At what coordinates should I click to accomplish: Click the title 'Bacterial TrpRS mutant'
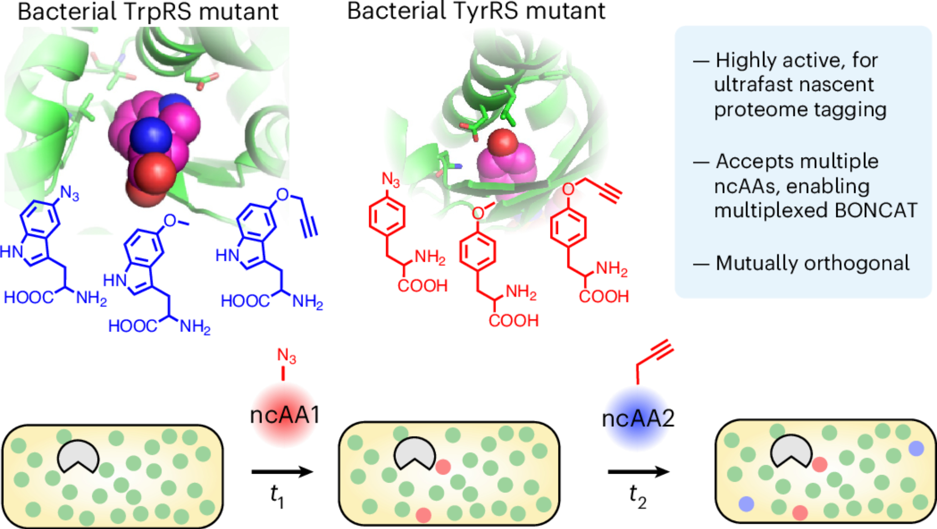click(148, 12)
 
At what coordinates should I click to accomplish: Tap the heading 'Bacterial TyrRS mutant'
click(476, 11)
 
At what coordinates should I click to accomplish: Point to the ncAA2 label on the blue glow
click(638, 418)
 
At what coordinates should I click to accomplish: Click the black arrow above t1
click(282, 471)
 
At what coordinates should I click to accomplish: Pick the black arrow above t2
click(639, 471)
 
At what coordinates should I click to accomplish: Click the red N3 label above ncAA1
click(286, 356)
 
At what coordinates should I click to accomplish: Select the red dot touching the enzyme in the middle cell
click(443, 467)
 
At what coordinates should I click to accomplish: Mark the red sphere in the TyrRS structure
click(502, 142)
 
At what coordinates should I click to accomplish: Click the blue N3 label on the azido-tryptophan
click(70, 193)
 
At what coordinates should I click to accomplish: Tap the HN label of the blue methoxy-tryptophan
click(115, 280)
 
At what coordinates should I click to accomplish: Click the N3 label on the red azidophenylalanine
click(390, 179)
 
